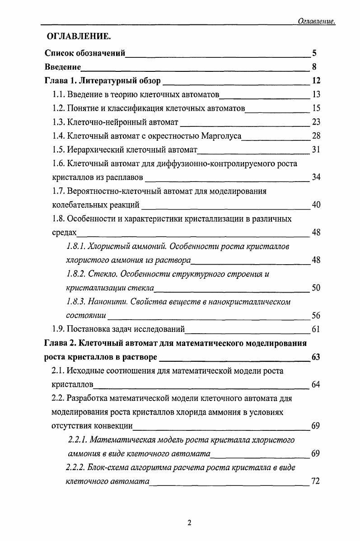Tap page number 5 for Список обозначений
click(x=314, y=54)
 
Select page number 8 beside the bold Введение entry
click(x=314, y=68)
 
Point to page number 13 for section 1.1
click(x=316, y=95)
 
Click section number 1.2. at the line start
click(x=59, y=109)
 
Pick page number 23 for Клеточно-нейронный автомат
click(x=316, y=122)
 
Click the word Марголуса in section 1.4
click(x=222, y=136)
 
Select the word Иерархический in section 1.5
click(x=93, y=150)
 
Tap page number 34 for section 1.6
click(x=316, y=177)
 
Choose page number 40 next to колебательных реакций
click(x=316, y=205)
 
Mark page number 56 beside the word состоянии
click(x=316, y=315)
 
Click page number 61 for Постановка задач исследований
click(x=316, y=329)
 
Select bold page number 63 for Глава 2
click(x=316, y=358)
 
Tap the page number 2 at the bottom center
click(x=189, y=523)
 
